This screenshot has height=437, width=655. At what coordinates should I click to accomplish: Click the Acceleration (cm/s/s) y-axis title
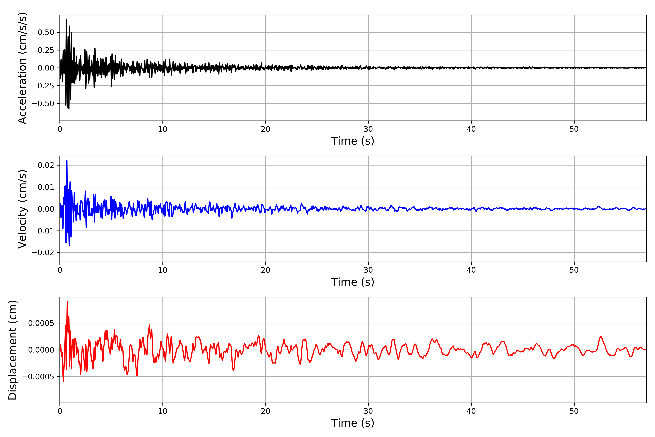(x=22, y=68)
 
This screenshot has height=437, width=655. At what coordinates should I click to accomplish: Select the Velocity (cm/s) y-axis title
(x=22, y=209)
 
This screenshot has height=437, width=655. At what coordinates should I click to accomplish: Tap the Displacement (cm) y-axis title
(x=13, y=350)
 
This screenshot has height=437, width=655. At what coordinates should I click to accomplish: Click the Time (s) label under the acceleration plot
(x=353, y=141)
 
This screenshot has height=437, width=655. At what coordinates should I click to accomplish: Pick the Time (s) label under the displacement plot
(x=353, y=423)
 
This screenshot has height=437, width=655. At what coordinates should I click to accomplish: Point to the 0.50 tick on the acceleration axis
(x=46, y=33)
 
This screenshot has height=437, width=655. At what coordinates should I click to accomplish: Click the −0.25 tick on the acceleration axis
(x=43, y=86)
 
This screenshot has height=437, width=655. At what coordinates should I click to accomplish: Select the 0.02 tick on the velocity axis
(x=46, y=165)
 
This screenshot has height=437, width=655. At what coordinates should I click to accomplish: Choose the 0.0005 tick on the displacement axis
(x=41, y=323)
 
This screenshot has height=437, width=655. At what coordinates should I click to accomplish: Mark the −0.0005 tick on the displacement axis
(x=38, y=377)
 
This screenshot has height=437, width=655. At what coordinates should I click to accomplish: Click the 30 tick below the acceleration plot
(x=368, y=129)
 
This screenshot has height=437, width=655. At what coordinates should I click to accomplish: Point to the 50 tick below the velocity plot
(x=574, y=270)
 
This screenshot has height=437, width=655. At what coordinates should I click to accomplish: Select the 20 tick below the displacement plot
(x=265, y=411)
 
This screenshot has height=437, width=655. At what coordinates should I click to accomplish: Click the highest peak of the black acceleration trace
(x=66, y=20)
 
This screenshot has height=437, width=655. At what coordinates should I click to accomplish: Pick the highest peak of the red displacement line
(x=67, y=302)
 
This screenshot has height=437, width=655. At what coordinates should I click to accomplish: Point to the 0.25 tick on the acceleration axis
(x=46, y=50)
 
